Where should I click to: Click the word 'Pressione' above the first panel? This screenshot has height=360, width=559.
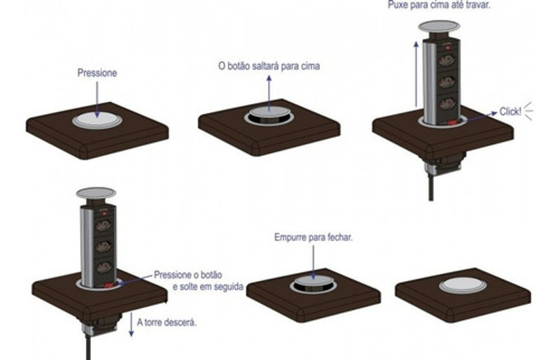click(x=98, y=72)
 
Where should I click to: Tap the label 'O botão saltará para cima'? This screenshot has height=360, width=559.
click(x=268, y=66)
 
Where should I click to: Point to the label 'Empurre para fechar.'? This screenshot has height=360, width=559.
click(x=314, y=238)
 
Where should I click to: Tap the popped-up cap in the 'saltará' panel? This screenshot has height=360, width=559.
click(x=268, y=115)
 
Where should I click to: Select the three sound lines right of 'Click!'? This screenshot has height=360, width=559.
click(x=530, y=109)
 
